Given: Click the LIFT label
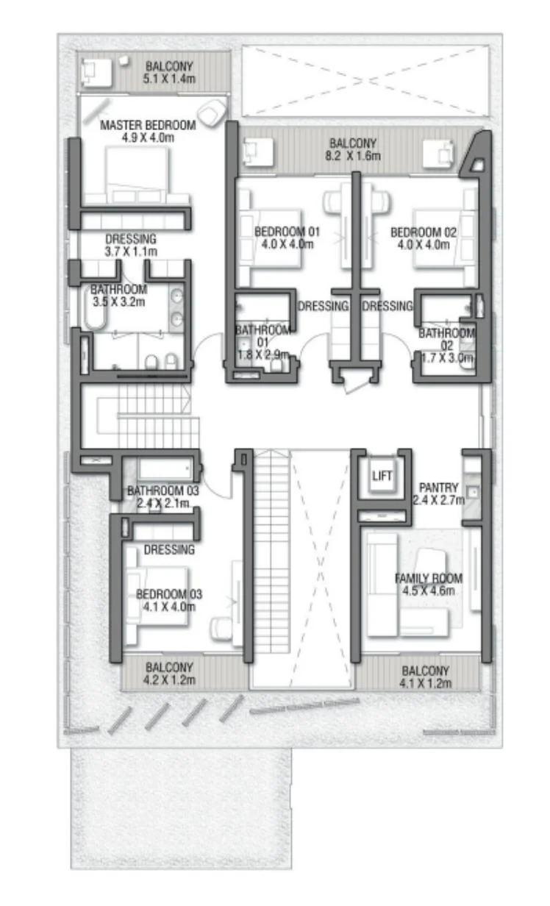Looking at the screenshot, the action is pos(382,476).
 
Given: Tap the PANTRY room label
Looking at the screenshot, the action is pos(438,488).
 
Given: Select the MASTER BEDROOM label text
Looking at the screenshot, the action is pos(148,125).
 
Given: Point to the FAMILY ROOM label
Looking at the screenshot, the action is pos(429,578).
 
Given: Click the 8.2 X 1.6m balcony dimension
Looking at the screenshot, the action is pos(353,156).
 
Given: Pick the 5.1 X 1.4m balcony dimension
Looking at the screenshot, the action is pos(169,79).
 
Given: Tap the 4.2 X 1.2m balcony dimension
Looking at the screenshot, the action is pos(169,680).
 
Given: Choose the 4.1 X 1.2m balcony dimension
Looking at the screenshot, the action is pos(426,684).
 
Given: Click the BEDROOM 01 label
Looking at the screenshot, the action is pos(287,232).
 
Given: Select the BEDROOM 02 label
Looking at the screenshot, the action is pos(424,232).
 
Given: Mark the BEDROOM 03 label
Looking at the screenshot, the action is pos(169,594).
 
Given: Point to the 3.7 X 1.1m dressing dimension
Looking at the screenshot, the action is pos(131,252).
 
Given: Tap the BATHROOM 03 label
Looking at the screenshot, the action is pos(163,491).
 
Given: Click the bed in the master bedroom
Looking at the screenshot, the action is pos(137,175).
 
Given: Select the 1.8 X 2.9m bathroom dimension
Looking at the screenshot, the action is pos(263,354).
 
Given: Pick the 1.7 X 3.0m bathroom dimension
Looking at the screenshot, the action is pos(447,358).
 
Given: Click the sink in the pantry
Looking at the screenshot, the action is pos(472,492).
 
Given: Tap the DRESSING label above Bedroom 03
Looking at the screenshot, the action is pos(169,549).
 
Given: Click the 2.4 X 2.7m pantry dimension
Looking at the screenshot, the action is pos(438,500).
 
